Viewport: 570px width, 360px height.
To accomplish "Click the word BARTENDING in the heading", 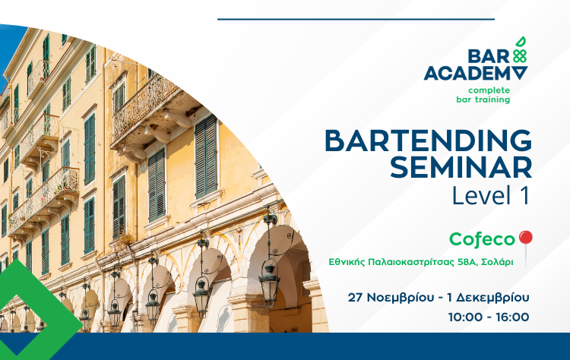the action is coord(428,141).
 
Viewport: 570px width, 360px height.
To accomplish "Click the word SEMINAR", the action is coord(461,167).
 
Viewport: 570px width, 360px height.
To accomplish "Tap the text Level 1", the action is coord(491,196).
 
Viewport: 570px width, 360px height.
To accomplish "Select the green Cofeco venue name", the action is coord(482,239).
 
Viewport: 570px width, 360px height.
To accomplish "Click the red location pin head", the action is coord(526,237).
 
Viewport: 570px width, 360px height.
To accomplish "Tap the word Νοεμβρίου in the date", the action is coord(400,298).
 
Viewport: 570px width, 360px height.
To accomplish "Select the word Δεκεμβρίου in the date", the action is coord(493,298).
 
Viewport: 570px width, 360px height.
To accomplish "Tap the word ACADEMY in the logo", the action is coord(476,74).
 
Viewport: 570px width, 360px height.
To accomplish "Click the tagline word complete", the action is coord(489,90).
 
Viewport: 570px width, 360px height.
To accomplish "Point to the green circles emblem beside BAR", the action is coord(520,56).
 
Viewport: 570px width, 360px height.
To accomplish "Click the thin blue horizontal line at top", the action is coord(356,19).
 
